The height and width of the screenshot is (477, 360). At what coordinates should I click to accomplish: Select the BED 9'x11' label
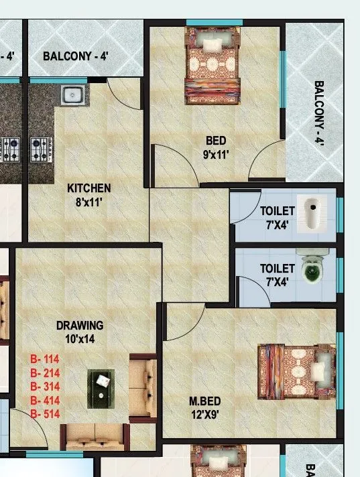tap(216, 147)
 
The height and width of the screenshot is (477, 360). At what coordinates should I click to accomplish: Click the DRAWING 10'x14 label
tap(80, 331)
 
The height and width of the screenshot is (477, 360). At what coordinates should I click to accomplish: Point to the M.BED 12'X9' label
tap(204, 407)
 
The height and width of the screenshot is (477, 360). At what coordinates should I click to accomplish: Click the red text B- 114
tap(45, 360)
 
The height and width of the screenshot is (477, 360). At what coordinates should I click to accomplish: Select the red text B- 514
tap(45, 415)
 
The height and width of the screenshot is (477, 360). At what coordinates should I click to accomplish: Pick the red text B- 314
tap(45, 387)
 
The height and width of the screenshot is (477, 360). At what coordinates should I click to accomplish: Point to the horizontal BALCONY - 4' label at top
tap(76, 56)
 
